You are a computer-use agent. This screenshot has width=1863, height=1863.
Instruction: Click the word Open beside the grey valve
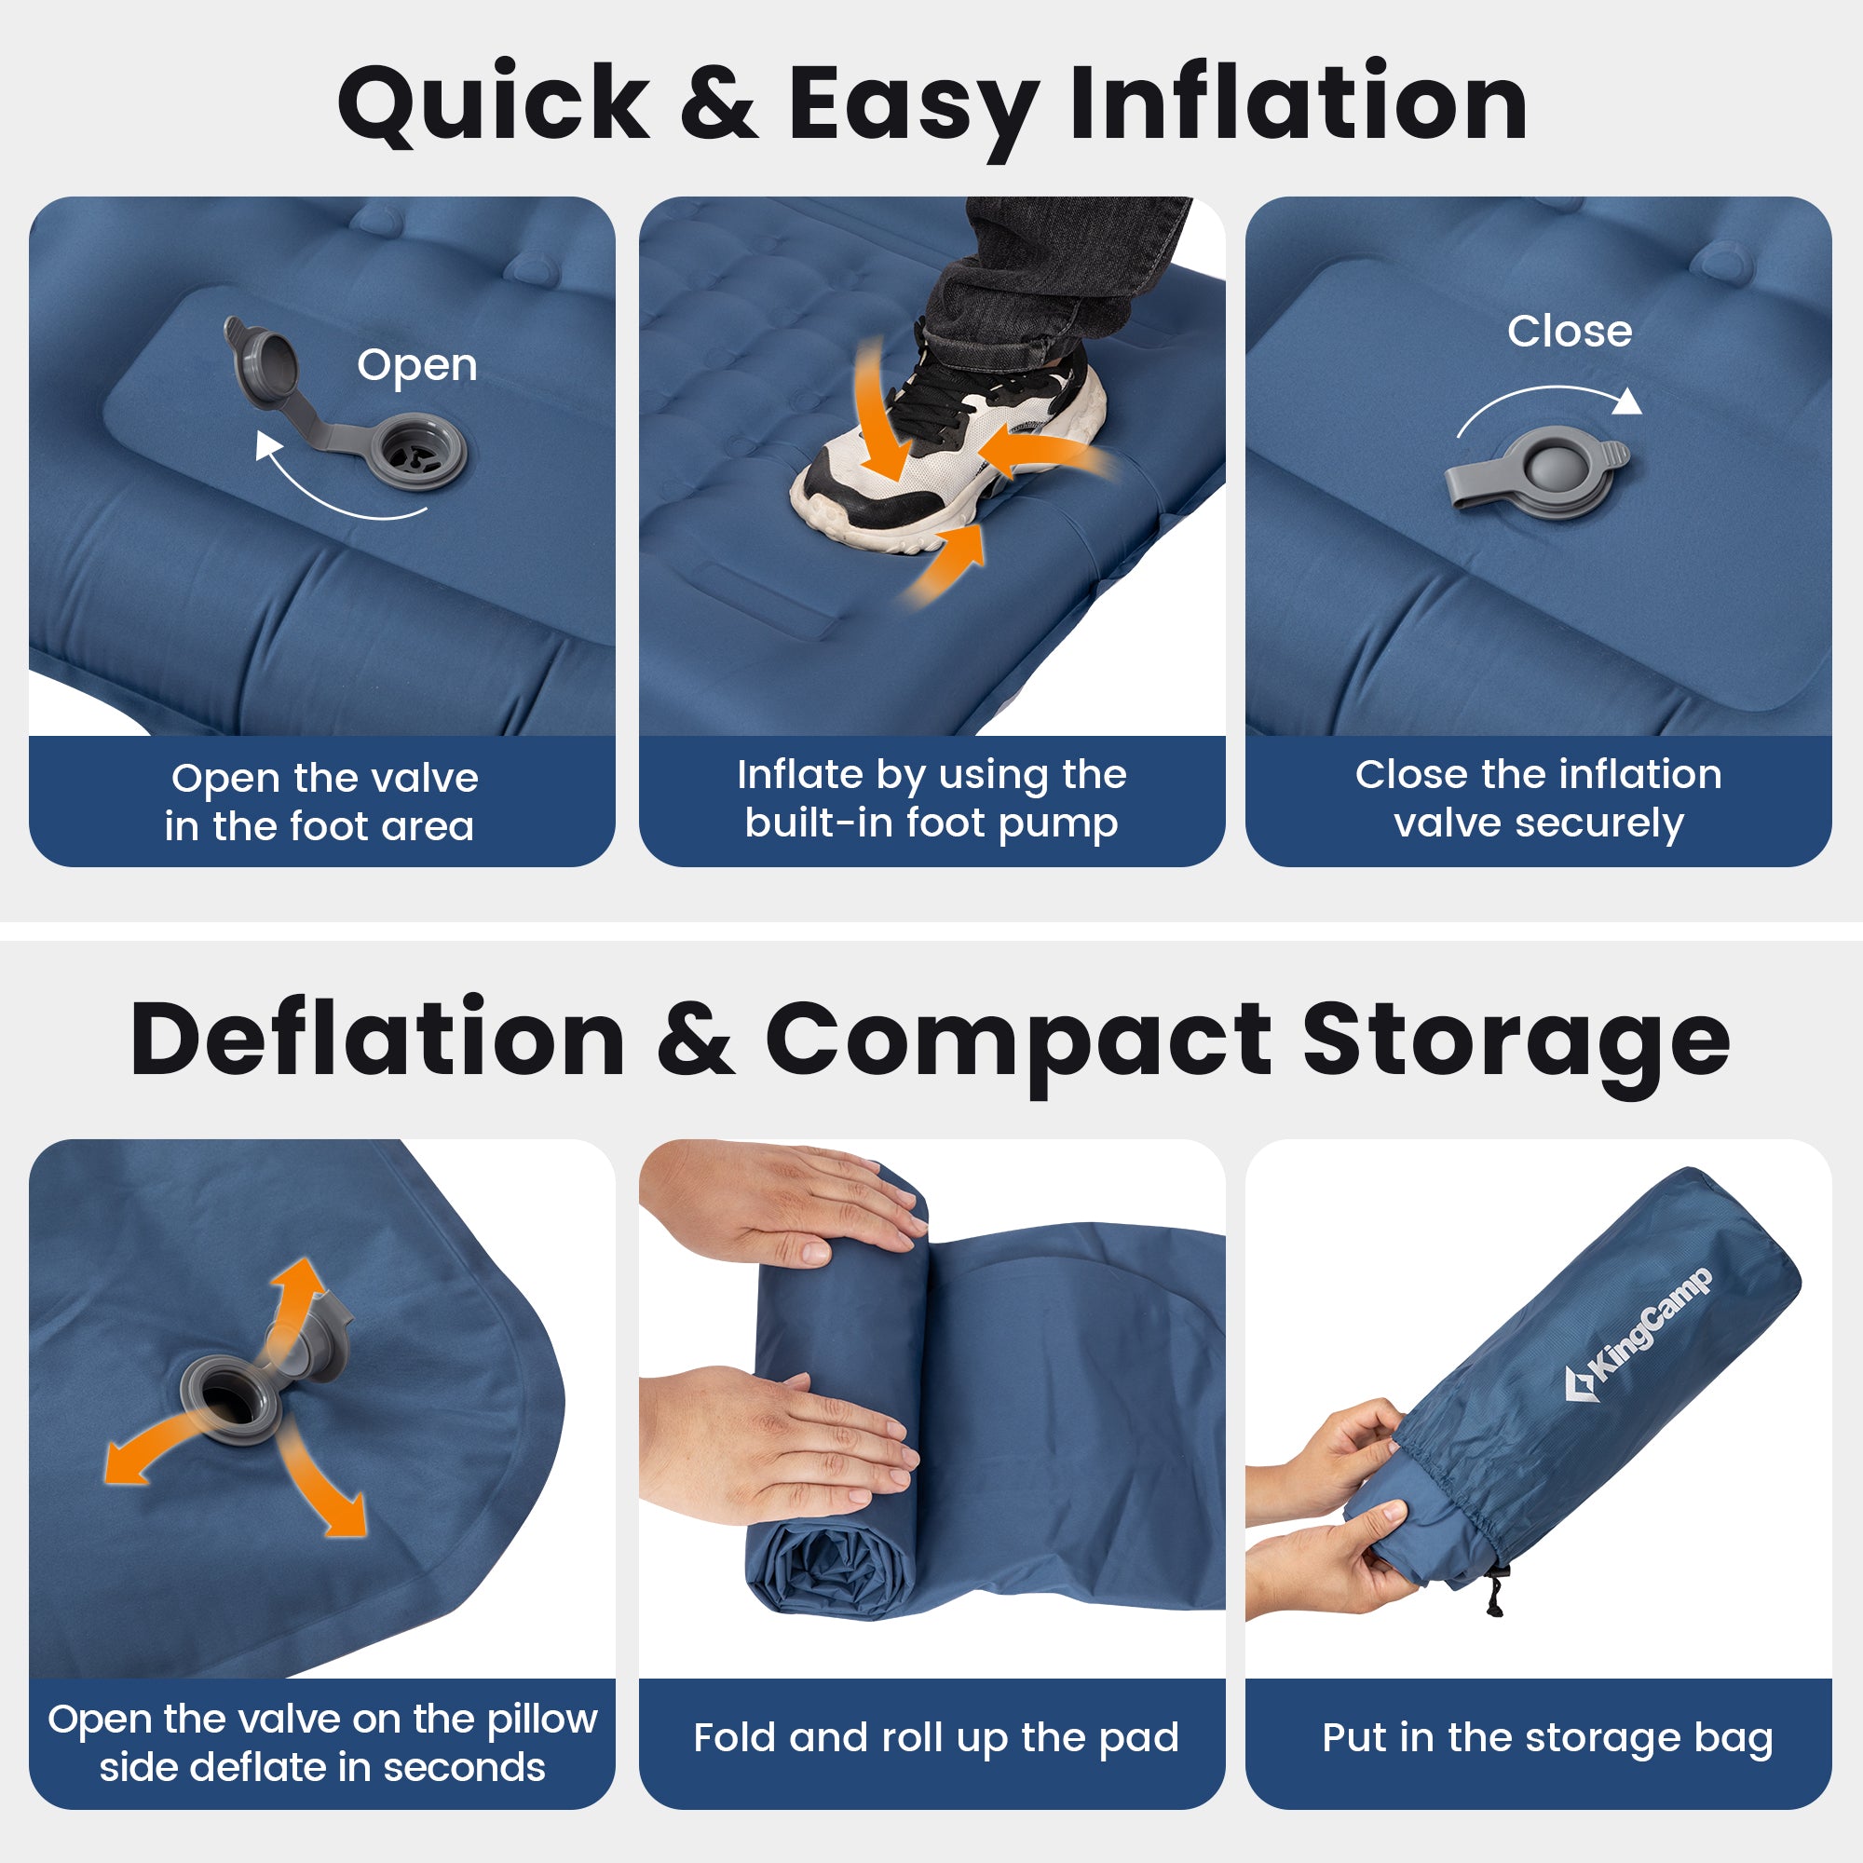click(x=416, y=366)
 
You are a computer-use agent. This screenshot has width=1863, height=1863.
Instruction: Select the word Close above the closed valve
click(x=1569, y=332)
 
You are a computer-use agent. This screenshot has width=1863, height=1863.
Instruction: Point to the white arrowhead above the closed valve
click(x=1627, y=401)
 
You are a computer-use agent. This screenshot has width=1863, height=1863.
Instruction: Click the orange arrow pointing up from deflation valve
click(x=299, y=1297)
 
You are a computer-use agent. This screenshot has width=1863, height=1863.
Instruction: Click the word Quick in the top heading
click(x=494, y=104)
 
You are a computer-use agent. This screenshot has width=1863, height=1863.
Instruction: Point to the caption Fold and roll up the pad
click(x=935, y=1737)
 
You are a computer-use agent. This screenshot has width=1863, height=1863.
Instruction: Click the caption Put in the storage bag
click(x=1546, y=1737)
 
